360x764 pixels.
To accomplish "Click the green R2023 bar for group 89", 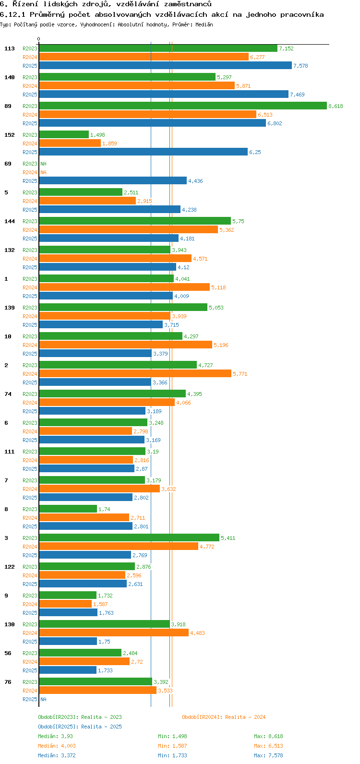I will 182,106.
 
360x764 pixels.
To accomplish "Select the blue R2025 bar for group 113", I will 165,65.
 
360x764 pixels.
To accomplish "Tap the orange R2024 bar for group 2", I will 135,373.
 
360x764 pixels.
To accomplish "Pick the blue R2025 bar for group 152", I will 143,152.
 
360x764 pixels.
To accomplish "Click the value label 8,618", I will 336,106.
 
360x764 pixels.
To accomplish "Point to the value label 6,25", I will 255,152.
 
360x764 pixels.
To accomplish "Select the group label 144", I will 9,221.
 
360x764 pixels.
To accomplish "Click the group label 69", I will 8,164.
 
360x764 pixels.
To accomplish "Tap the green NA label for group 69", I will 43,164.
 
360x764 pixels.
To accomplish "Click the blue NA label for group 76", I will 43,699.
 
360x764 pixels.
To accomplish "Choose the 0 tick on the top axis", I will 39,39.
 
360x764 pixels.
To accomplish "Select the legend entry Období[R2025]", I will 58,727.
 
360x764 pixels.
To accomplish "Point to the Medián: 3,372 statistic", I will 57,755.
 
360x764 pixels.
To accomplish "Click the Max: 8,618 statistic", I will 268,736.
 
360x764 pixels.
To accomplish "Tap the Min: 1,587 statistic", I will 172,746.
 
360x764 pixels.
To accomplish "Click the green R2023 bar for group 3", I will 129,537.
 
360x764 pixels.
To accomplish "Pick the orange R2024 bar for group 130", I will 114,633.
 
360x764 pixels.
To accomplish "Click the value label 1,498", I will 97,135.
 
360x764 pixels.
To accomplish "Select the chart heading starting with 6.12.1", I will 162,14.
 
